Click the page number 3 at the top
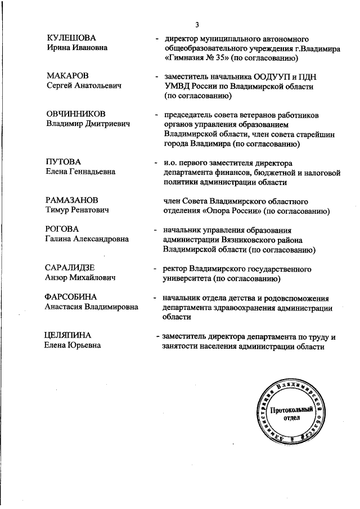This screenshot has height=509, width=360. [197, 25]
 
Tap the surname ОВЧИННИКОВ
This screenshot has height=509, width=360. [76, 114]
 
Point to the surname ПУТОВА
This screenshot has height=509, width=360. [63, 161]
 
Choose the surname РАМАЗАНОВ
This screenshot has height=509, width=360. [71, 200]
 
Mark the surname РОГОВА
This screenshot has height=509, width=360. [62, 229]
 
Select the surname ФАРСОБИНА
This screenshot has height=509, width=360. [71, 296]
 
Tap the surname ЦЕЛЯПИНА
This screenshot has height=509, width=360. [68, 336]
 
